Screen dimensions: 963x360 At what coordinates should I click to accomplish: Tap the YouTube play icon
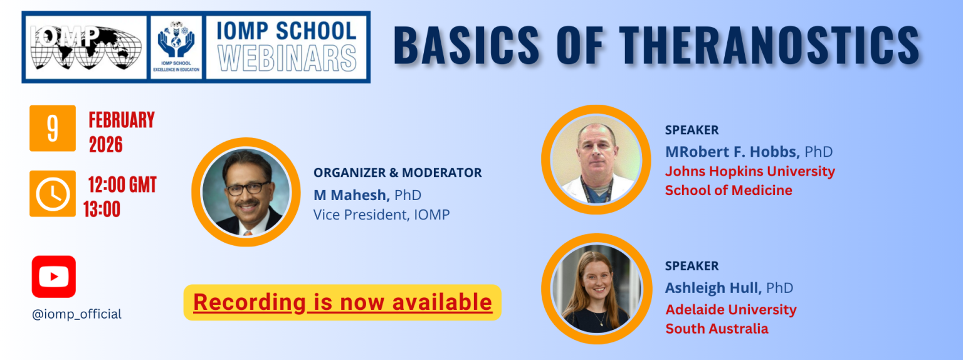[x=54, y=277]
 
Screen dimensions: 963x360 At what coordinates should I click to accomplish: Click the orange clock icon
[x=53, y=194]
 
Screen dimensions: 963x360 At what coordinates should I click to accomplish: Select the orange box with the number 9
[x=53, y=128]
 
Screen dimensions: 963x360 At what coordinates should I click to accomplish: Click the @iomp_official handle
[x=76, y=314]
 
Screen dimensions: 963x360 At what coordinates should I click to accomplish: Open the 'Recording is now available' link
[x=343, y=302]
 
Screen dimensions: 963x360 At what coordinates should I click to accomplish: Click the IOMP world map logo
[x=86, y=47]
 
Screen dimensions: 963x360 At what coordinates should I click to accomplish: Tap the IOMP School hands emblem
[x=176, y=47]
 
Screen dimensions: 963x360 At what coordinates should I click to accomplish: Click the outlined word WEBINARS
[x=287, y=58]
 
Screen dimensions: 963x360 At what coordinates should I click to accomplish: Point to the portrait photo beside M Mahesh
[x=246, y=192]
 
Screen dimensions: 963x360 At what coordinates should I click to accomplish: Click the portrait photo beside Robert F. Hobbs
[x=596, y=159]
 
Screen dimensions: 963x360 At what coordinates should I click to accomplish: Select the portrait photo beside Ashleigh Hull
[x=596, y=289]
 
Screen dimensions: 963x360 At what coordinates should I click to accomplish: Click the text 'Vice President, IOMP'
[x=381, y=214]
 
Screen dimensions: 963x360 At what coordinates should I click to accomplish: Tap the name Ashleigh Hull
[x=713, y=287]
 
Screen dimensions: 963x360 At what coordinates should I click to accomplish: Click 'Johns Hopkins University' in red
[x=750, y=171]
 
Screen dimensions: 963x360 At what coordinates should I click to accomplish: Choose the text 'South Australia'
[x=717, y=329]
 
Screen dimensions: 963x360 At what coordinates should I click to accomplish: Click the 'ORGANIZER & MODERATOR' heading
[x=397, y=172]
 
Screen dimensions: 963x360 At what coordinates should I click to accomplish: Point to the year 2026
[x=106, y=144]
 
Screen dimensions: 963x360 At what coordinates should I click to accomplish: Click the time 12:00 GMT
[x=122, y=185]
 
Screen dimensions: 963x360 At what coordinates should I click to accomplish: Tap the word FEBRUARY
[x=122, y=120]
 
